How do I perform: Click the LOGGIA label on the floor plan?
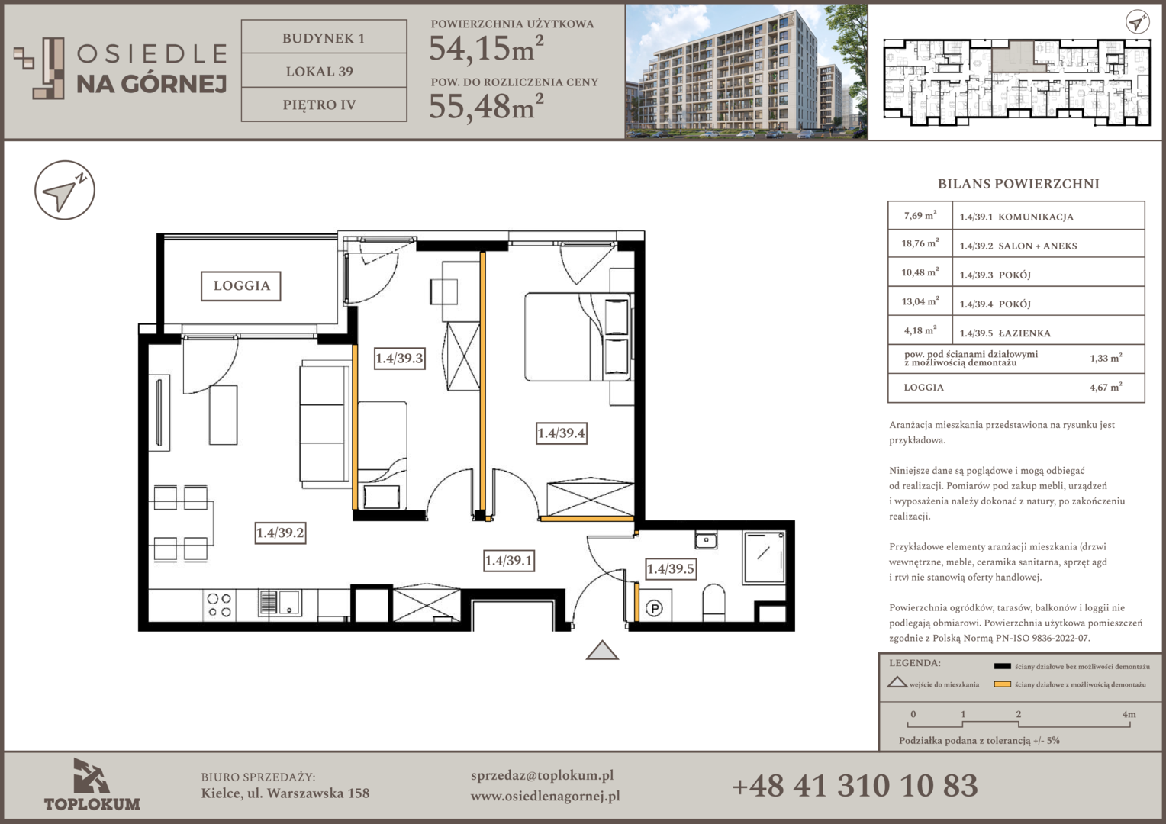pos(241,286)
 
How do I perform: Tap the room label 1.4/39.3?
pos(399,358)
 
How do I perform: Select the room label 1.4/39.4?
pos(561,433)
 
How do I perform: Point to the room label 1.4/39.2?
pos(280,533)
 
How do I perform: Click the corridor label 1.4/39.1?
pos(508,561)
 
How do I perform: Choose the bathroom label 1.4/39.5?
pos(671,568)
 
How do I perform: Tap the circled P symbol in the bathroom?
pos(654,608)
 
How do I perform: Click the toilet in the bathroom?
pos(713,602)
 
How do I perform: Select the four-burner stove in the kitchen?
pos(219,605)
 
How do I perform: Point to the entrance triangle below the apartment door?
pos(602,650)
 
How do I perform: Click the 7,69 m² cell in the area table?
pos(920,215)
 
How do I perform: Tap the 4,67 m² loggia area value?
pos(1106,387)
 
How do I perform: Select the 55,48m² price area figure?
pos(486,106)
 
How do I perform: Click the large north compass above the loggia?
pos(65,190)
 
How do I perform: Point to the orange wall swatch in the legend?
pos(1002,684)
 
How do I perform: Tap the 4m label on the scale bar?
pos(1129,714)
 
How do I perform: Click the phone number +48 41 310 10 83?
pos(855,786)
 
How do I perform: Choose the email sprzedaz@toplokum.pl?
pos(542,776)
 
